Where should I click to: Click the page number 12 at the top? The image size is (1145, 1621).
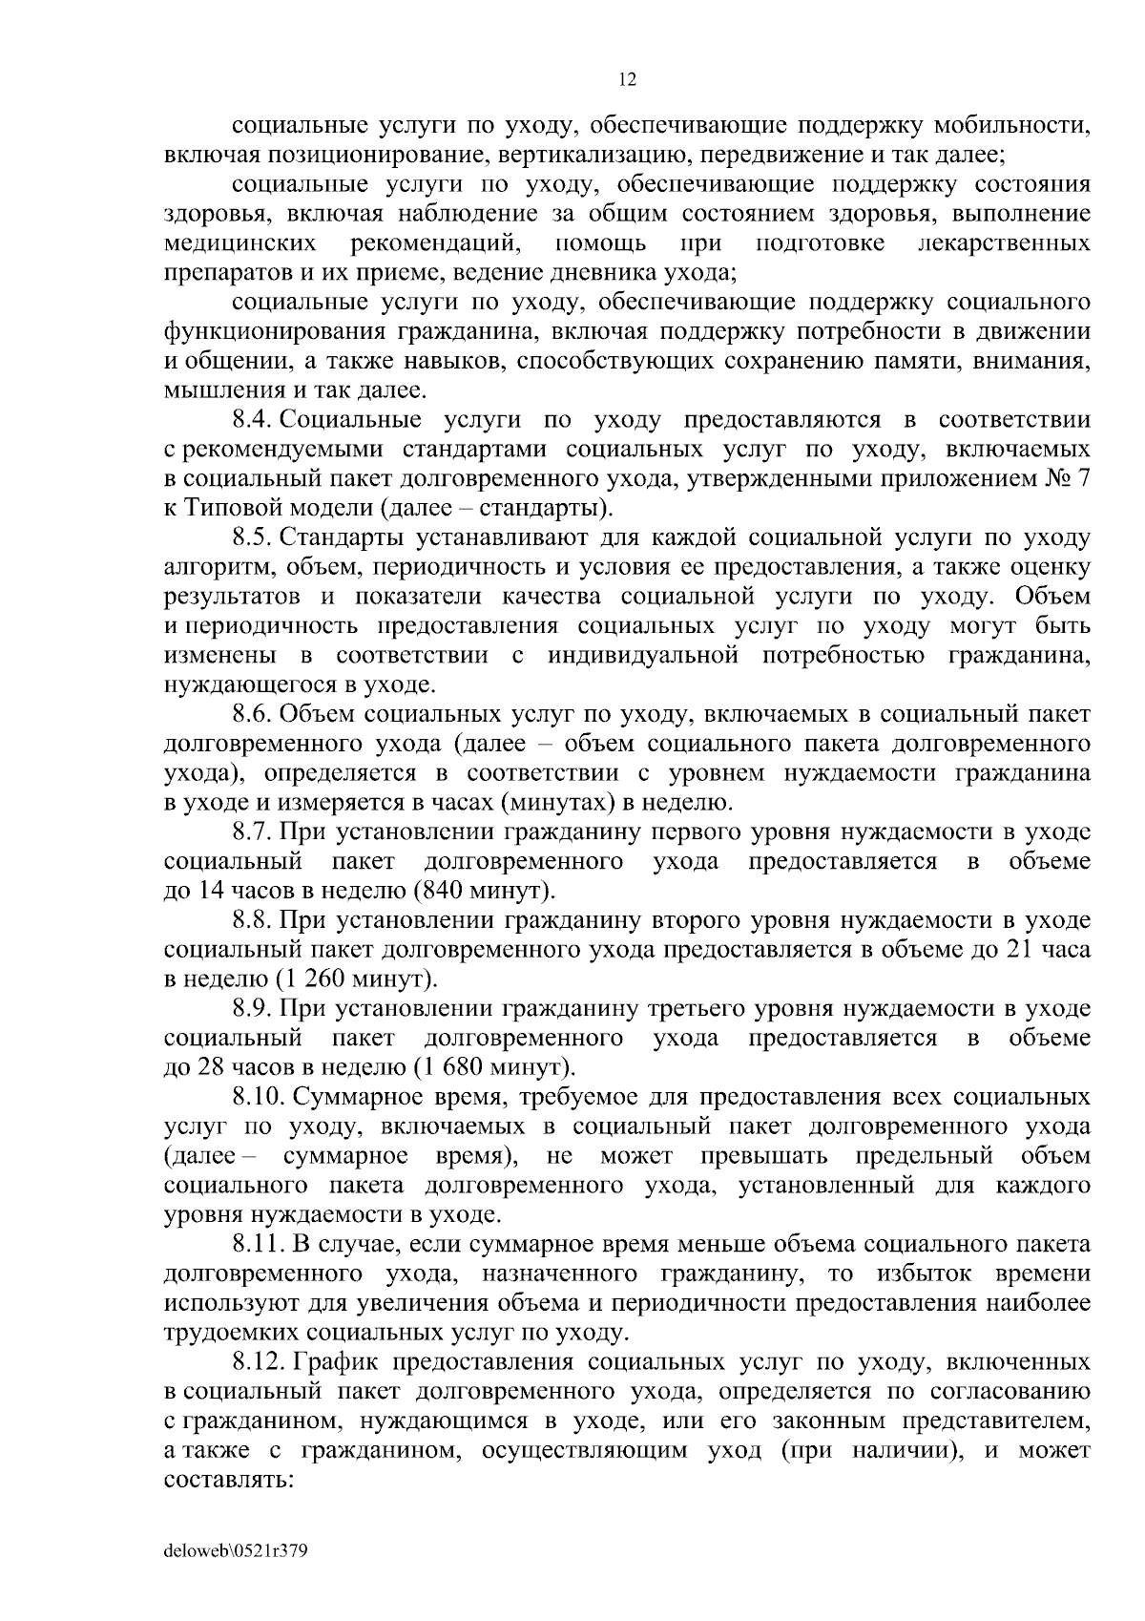pyautogui.click(x=628, y=80)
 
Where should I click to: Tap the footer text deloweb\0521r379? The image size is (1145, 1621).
pyautogui.click(x=235, y=1551)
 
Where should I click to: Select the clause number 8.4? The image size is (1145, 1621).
pyautogui.click(x=253, y=420)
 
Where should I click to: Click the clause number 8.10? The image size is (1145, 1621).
pyautogui.click(x=260, y=1097)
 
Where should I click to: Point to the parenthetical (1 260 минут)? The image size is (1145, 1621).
pyautogui.click(x=357, y=979)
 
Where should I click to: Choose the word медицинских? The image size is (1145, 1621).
pyautogui.click(x=240, y=243)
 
